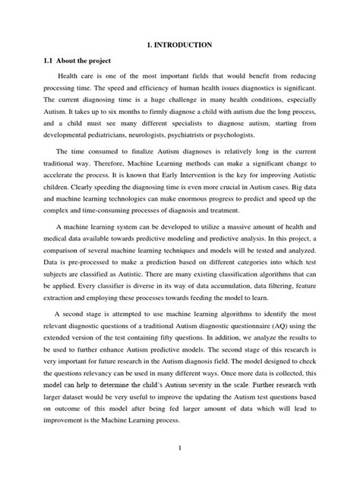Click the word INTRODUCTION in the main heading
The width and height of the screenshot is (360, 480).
[186, 46]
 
